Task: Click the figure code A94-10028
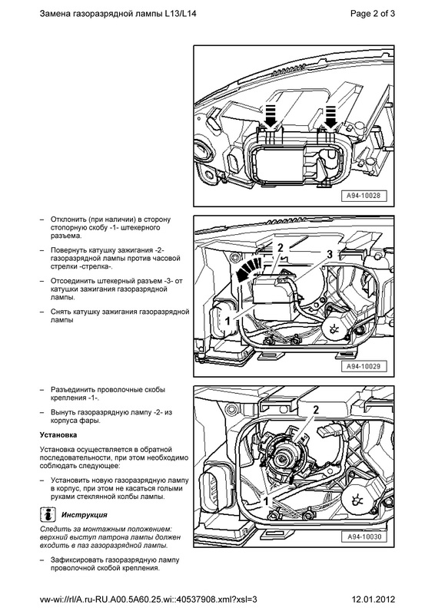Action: (364, 196)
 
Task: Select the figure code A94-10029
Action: (364, 367)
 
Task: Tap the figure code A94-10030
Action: (364, 536)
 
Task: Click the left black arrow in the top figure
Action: (271, 116)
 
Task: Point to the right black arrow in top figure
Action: (330, 117)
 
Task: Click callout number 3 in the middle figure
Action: (330, 254)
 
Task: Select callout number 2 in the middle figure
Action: (280, 247)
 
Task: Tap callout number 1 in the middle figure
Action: (227, 321)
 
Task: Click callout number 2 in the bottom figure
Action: (316, 410)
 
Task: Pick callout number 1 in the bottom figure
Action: (266, 501)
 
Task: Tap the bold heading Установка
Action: (58, 434)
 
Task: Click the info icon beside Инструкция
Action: (48, 514)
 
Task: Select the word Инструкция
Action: (85, 515)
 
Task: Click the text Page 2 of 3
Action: (373, 14)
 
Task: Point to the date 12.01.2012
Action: (374, 599)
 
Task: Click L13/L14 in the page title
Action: (181, 14)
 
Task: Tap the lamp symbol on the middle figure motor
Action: (334, 329)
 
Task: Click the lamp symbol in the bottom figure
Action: (357, 500)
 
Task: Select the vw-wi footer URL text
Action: (148, 599)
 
